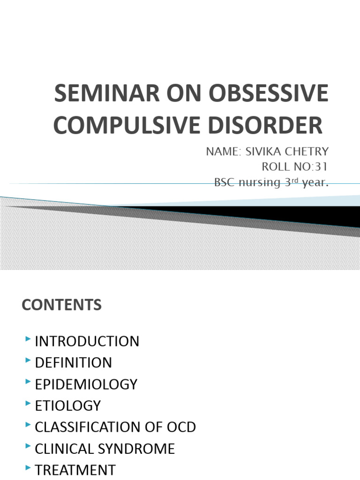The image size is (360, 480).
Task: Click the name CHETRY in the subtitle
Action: pyautogui.click(x=306, y=152)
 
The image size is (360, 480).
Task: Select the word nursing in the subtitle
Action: pyautogui.click(x=260, y=183)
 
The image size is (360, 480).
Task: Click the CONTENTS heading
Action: pyautogui.click(x=61, y=306)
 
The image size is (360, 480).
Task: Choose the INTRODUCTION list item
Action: pyautogui.click(x=87, y=341)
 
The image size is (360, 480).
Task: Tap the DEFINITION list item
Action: pyautogui.click(x=73, y=363)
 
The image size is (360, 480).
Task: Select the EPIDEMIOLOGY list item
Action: pyautogui.click(x=86, y=384)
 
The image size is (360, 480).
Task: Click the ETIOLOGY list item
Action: pyautogui.click(x=67, y=405)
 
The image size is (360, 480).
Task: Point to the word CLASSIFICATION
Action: pyautogui.click(x=92, y=427)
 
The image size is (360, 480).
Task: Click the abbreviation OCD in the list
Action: pyautogui.click(x=181, y=427)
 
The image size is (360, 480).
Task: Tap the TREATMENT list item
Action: pyautogui.click(x=75, y=470)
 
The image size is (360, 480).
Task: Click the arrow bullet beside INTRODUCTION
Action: pyautogui.click(x=29, y=338)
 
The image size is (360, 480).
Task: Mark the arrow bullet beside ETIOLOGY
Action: pyautogui.click(x=29, y=403)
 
